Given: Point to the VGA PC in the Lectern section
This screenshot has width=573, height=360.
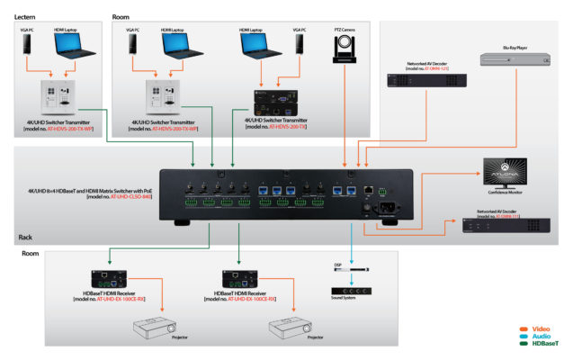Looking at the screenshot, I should pyautogui.click(x=26, y=52).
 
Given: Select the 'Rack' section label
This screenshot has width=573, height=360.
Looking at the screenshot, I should pyautogui.click(x=26, y=238).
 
